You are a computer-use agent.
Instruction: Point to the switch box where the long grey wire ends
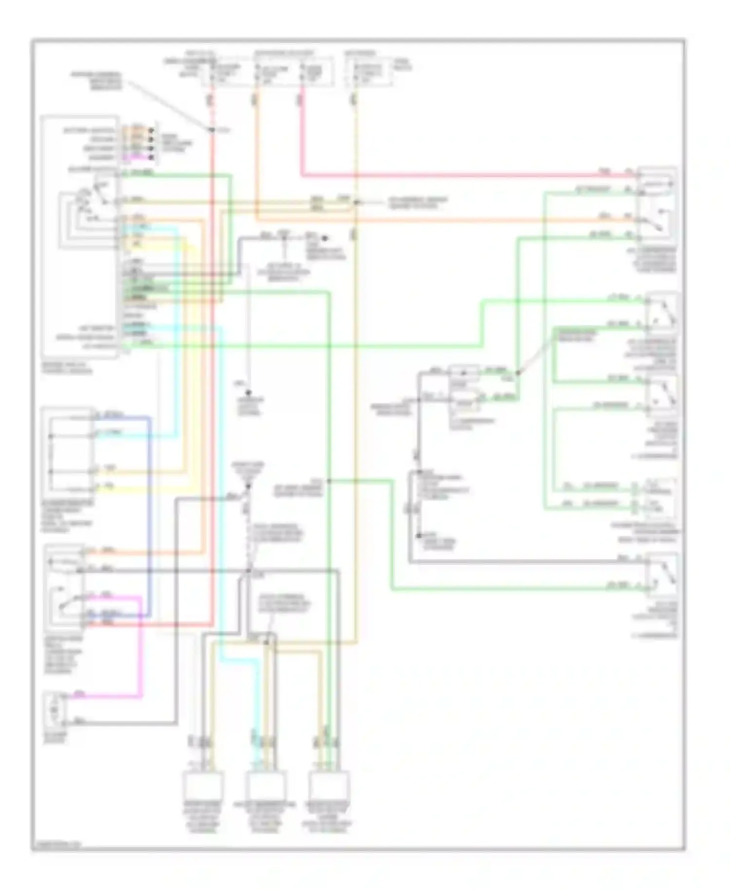pyautogui.click(x=661, y=575)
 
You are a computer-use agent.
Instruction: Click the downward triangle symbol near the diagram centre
pyautogui.click(x=249, y=484)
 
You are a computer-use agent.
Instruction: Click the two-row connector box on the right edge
pyautogui.click(x=657, y=497)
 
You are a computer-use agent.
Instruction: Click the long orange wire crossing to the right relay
pyautogui.click(x=438, y=221)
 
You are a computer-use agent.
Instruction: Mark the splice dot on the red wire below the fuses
pyautogui.click(x=212, y=130)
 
